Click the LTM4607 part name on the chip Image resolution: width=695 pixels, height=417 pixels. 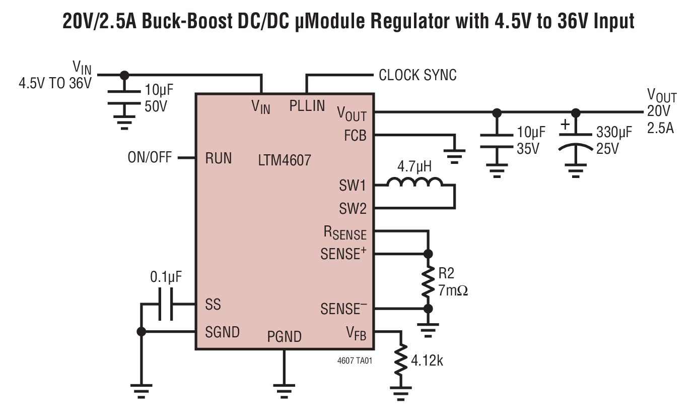pyautogui.click(x=284, y=161)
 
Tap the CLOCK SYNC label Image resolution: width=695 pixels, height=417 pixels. pyautogui.click(x=418, y=75)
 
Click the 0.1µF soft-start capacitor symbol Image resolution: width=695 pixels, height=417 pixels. pyautogui.click(x=165, y=304)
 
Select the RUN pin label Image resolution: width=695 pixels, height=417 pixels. pyautogui.click(x=219, y=158)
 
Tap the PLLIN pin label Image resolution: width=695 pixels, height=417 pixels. pyautogui.click(x=307, y=106)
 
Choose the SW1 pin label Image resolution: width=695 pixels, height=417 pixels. pyautogui.click(x=353, y=186)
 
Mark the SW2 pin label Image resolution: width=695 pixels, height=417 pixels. pyautogui.click(x=353, y=208)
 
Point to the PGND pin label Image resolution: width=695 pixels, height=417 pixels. pyautogui.click(x=284, y=336)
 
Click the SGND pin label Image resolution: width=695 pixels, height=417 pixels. pyautogui.click(x=222, y=332)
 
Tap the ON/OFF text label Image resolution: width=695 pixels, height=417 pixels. pyautogui.click(x=150, y=158)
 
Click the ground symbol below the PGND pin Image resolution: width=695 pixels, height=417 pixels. pyautogui.click(x=284, y=390)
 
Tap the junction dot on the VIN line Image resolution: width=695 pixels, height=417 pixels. pyautogui.click(x=124, y=75)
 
